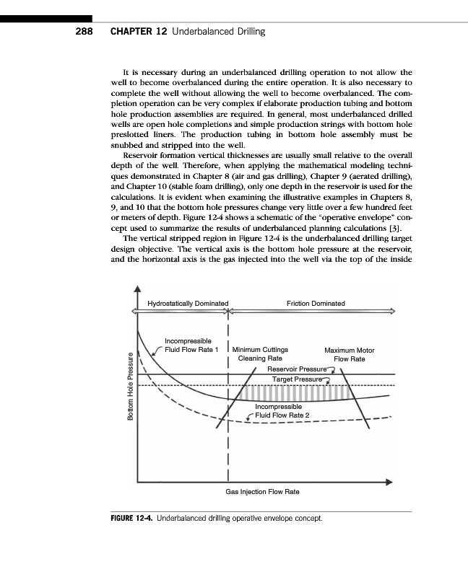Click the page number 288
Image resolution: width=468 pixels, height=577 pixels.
pyautogui.click(x=86, y=32)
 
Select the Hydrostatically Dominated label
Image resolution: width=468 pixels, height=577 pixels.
pyautogui.click(x=188, y=303)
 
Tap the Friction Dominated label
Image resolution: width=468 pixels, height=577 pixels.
pyautogui.click(x=316, y=303)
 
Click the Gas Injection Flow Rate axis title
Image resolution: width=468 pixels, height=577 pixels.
pyautogui.click(x=262, y=491)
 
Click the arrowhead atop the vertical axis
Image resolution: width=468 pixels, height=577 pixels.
pyautogui.click(x=136, y=291)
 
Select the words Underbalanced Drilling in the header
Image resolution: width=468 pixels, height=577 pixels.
pyautogui.click(x=219, y=32)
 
